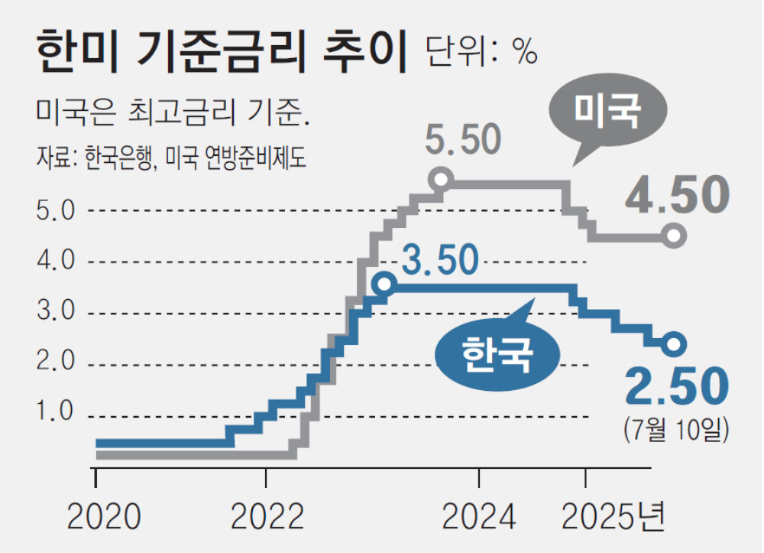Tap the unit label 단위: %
(481, 52)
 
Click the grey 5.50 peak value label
(464, 141)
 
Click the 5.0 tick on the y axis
(56, 210)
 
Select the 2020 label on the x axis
(103, 518)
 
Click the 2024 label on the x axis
(479, 518)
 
